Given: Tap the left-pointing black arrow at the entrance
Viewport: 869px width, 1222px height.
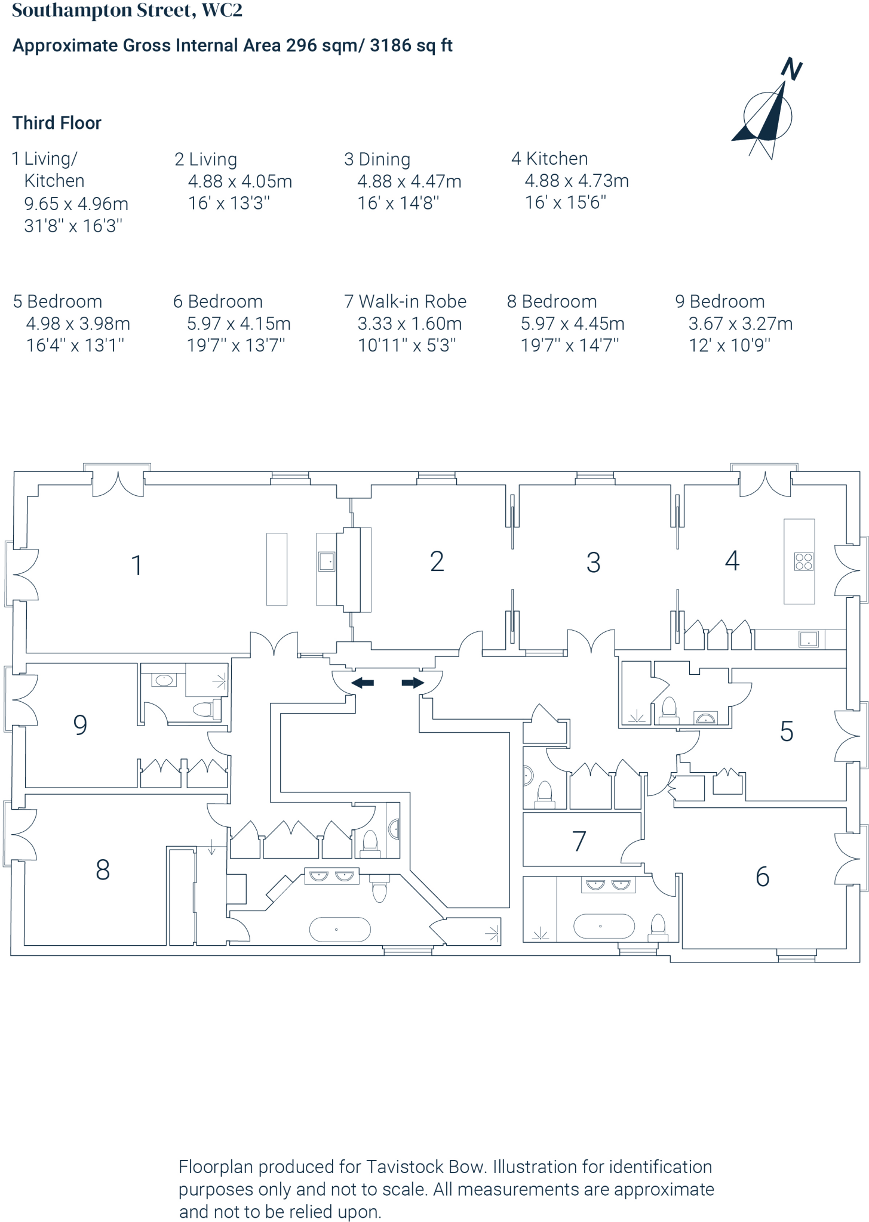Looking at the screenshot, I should coord(363,683).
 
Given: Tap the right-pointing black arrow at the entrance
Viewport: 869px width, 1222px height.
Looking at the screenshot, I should coord(412,683).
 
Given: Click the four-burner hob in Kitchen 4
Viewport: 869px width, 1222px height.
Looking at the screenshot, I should coord(803,561).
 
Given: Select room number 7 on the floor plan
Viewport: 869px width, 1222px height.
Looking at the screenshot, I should coord(579,841).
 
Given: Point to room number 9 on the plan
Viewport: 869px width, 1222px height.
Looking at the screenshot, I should coord(80,725).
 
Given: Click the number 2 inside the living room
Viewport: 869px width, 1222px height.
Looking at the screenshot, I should coord(437,561).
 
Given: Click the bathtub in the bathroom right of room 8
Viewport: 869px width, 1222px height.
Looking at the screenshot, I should coord(339,929).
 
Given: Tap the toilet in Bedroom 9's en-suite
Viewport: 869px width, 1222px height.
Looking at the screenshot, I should coord(204,709).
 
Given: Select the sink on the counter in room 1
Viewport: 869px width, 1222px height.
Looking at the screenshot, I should coord(327,561).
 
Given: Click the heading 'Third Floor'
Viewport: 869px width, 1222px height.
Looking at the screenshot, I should coord(57,123).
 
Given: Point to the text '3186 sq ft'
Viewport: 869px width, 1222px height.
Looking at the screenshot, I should coord(411,45).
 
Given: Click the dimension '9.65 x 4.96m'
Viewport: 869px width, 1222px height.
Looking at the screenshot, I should coord(76,203).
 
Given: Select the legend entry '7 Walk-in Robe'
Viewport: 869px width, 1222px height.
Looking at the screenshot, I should coord(405,301).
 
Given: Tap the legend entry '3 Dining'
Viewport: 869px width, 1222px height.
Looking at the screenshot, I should coord(377,159).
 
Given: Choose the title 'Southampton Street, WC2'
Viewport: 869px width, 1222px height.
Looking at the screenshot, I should coord(127,11).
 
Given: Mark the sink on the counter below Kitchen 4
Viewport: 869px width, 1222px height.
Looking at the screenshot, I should coord(808,639).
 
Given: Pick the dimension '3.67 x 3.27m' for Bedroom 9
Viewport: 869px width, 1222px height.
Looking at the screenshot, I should coord(740,323).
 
